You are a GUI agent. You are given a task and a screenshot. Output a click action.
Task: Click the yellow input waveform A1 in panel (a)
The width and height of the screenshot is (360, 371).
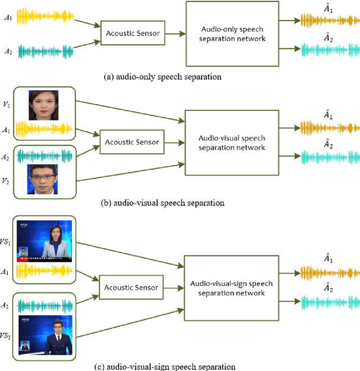(45, 16)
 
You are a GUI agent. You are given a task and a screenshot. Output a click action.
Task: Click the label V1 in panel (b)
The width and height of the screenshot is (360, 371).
(6, 105)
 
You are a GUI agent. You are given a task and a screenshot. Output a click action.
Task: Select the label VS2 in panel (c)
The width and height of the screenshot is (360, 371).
(7, 336)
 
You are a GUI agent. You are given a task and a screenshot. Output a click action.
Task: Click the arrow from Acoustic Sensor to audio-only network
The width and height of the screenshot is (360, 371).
(174, 34)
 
